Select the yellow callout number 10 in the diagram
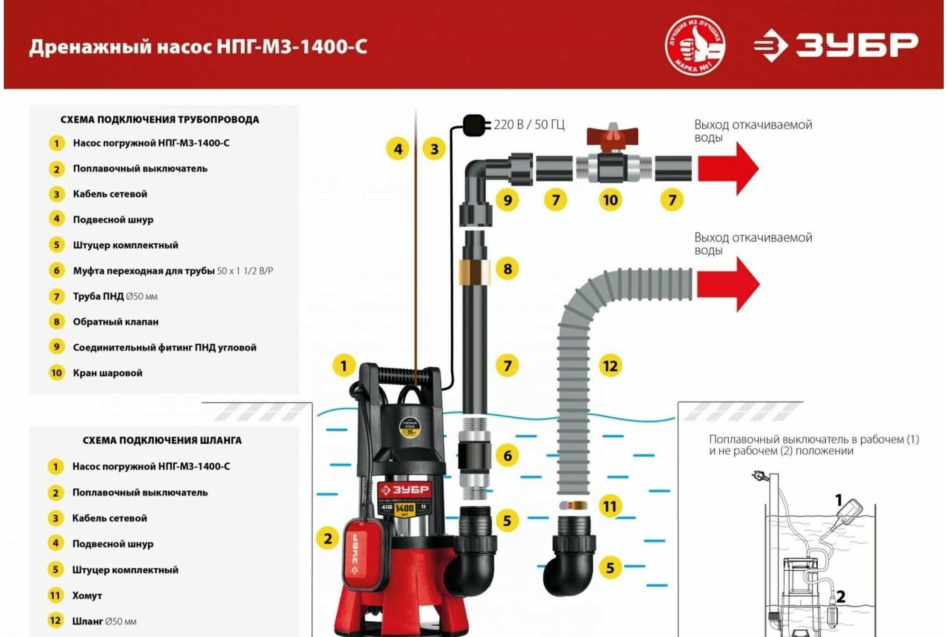tap(610, 200)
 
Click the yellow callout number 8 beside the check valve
tap(507, 269)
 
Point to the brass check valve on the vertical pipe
tap(474, 271)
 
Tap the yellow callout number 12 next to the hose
tap(610, 366)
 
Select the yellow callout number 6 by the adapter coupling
tap(507, 456)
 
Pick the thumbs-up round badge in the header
tap(695, 45)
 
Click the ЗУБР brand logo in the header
tap(836, 45)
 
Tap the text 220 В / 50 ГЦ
tap(529, 125)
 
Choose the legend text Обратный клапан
tap(116, 322)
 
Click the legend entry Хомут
tap(87, 596)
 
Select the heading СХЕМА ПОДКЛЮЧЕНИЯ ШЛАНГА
tap(162, 440)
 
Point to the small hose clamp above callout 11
tap(573, 505)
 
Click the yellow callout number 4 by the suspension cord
tap(398, 149)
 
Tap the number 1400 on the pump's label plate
tap(404, 508)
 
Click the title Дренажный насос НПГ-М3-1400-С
tap(198, 47)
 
